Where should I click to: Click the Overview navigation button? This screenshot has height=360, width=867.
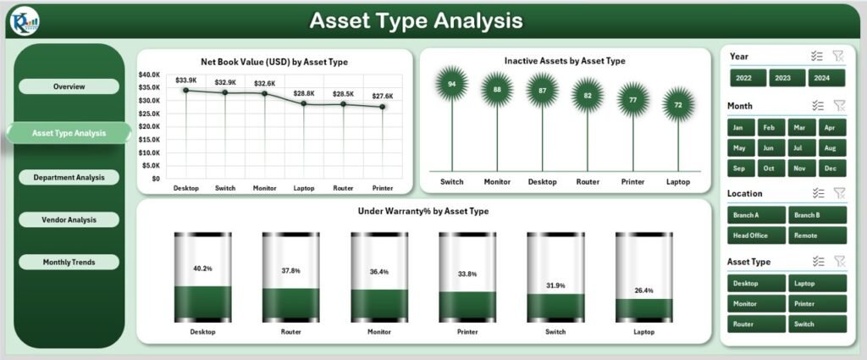pyautogui.click(x=69, y=86)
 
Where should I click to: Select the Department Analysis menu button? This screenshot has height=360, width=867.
pyautogui.click(x=69, y=177)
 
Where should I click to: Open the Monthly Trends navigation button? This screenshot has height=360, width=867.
pyautogui.click(x=69, y=263)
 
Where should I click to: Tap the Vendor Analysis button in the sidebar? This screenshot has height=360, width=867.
pyautogui.click(x=69, y=219)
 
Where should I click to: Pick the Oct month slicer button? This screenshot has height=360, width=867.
pyautogui.click(x=769, y=169)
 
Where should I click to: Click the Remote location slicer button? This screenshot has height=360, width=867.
pyautogui.click(x=817, y=236)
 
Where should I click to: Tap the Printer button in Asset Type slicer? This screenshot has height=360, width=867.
pyautogui.click(x=817, y=303)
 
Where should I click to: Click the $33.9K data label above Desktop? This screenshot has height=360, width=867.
pyautogui.click(x=186, y=80)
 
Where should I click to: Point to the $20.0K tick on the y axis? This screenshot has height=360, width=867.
pyautogui.click(x=149, y=126)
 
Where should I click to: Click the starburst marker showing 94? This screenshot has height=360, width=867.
pyautogui.click(x=452, y=84)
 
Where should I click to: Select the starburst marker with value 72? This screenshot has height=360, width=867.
pyautogui.click(x=678, y=106)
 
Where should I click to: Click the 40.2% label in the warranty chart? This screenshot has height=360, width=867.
pyautogui.click(x=202, y=268)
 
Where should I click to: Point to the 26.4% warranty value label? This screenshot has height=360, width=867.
pyautogui.click(x=643, y=291)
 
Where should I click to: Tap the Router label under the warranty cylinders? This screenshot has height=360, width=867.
pyautogui.click(x=290, y=332)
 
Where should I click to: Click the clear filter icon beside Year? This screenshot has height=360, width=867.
pyautogui.click(x=838, y=56)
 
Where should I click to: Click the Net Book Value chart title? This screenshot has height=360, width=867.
pyautogui.click(x=274, y=62)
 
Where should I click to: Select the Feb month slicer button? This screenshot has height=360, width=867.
pyautogui.click(x=769, y=127)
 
